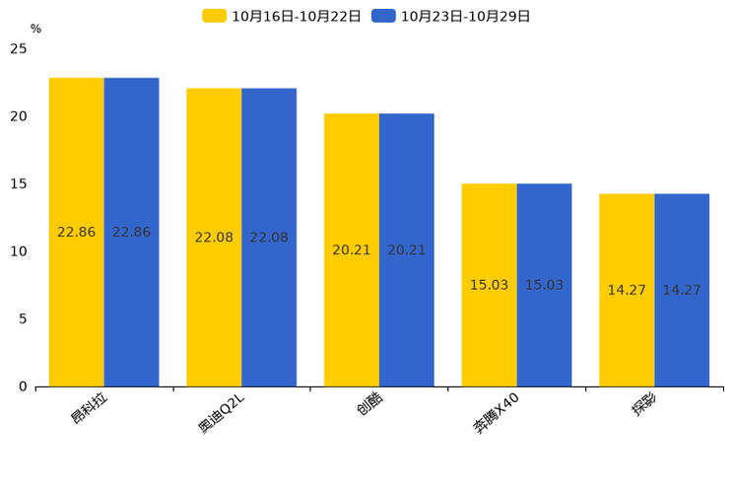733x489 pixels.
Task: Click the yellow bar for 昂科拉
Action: (x=77, y=232)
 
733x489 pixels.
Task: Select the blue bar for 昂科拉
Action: (x=131, y=232)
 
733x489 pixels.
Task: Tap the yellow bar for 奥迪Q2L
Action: (x=214, y=238)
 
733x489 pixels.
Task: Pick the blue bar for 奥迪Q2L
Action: (x=269, y=238)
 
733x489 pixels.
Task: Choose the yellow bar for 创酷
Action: (x=352, y=249)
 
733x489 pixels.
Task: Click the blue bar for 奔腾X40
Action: (x=544, y=285)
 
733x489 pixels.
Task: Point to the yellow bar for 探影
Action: (x=627, y=290)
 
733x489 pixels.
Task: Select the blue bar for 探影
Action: (x=682, y=290)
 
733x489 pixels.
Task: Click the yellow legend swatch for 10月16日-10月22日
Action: (x=214, y=16)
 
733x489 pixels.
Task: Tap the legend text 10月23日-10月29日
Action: (x=465, y=17)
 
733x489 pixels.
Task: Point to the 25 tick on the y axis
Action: (x=19, y=48)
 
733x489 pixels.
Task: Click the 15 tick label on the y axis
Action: (x=19, y=184)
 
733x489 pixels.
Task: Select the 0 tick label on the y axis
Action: (x=23, y=386)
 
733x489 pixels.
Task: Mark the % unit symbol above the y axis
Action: (x=35, y=29)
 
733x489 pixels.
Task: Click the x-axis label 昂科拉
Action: (x=89, y=407)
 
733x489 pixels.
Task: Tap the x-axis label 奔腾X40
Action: (x=495, y=413)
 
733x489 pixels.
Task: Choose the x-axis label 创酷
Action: (x=369, y=403)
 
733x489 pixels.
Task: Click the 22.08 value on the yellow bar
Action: (x=214, y=238)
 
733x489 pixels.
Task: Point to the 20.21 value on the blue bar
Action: (x=407, y=249)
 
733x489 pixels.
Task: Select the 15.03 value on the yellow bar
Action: (x=489, y=285)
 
